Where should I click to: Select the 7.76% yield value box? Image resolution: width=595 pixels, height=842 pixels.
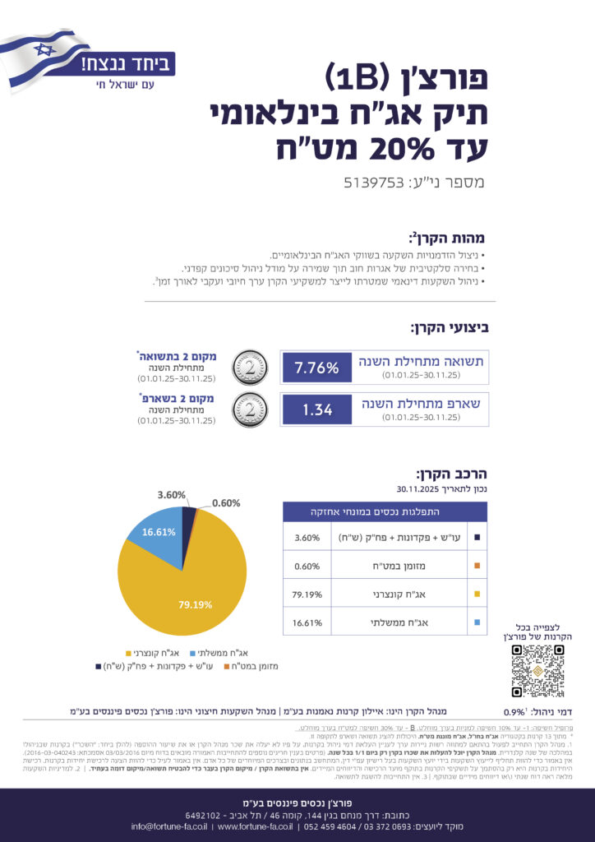tap(316, 368)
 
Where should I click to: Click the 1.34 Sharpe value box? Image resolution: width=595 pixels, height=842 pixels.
tap(316, 409)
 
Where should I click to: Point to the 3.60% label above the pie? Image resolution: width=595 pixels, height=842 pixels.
tap(172, 495)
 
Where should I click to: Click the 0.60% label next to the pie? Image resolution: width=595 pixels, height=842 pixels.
tap(227, 503)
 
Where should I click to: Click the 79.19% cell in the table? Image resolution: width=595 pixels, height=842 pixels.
tap(305, 594)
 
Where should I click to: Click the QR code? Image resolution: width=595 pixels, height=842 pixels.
tap(537, 671)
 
